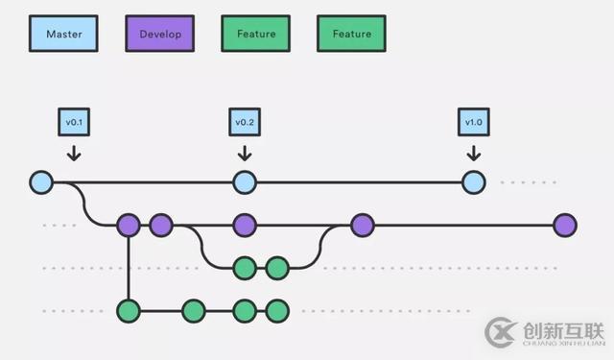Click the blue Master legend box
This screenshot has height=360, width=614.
pyautogui.click(x=62, y=35)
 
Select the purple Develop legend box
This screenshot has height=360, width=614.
pyautogui.click(x=159, y=35)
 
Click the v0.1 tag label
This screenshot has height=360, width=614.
pyautogui.click(x=74, y=122)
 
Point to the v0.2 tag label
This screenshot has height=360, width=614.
pyautogui.click(x=245, y=122)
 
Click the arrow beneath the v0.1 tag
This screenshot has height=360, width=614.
pyautogui.click(x=74, y=153)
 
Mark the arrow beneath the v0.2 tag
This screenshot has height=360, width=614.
pyautogui.click(x=245, y=153)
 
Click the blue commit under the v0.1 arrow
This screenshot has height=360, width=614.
pyautogui.click(x=41, y=181)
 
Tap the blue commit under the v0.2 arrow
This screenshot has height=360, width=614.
pyautogui.click(x=245, y=181)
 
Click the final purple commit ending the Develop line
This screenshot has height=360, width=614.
pyautogui.click(x=565, y=226)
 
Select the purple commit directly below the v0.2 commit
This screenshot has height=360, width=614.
pyautogui.click(x=245, y=226)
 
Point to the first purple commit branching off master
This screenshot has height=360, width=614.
pyautogui.click(x=128, y=226)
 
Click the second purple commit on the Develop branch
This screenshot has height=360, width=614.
pyautogui.click(x=160, y=226)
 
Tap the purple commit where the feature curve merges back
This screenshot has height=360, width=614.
pyautogui.click(x=362, y=226)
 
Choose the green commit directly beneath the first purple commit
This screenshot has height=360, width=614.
pyautogui.click(x=128, y=310)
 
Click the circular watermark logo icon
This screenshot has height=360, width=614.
pyautogui.click(x=501, y=332)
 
